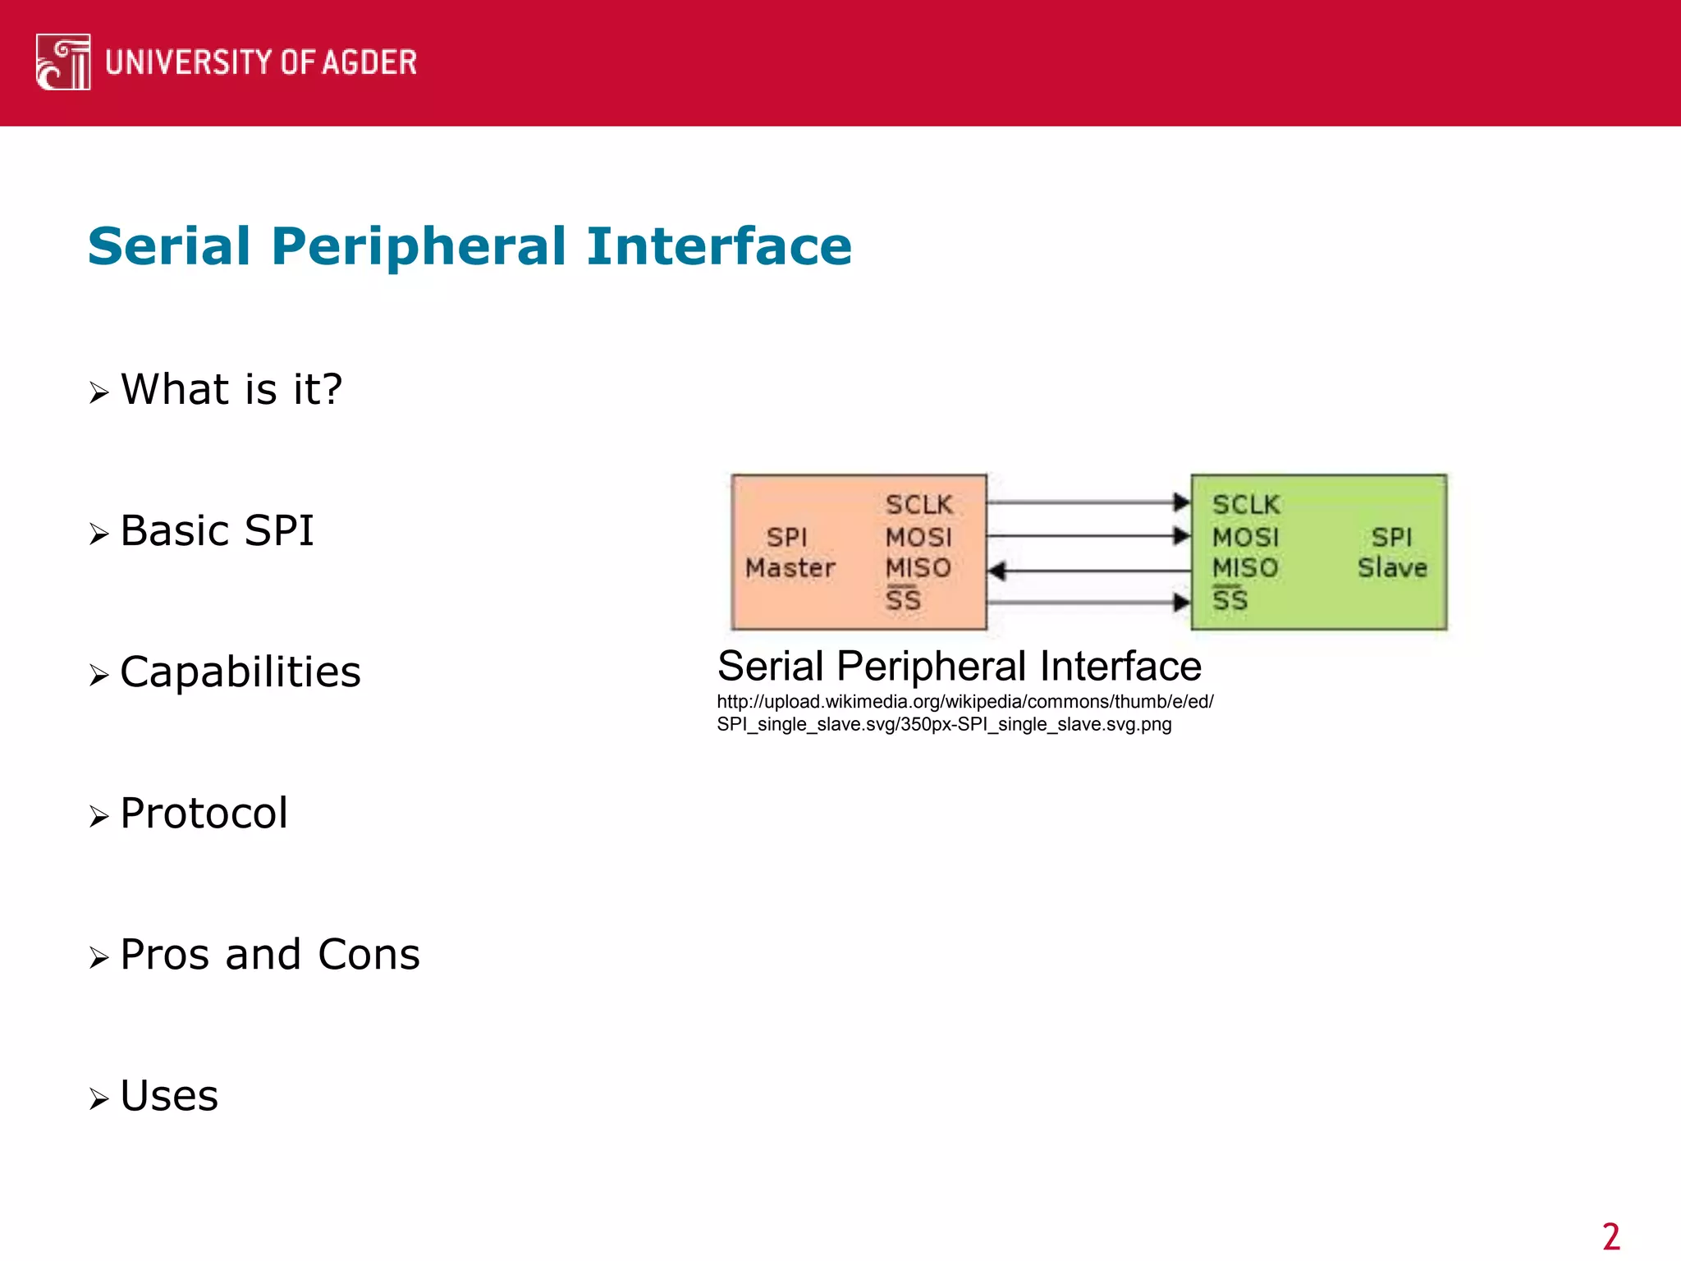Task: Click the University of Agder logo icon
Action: pyautogui.click(x=63, y=62)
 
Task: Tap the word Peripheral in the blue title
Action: pyautogui.click(x=419, y=246)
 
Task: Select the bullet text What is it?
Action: pyautogui.click(x=231, y=389)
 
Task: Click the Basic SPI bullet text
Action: pyautogui.click(x=217, y=530)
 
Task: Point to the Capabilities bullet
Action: pyautogui.click(x=240, y=672)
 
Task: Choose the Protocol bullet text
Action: pyautogui.click(x=204, y=814)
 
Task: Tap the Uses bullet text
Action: pyautogui.click(x=169, y=1096)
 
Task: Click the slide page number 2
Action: pyautogui.click(x=1610, y=1236)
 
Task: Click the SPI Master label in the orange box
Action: pyautogui.click(x=789, y=553)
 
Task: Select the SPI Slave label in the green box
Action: pyautogui.click(x=1391, y=553)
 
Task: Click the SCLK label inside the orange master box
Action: pyautogui.click(x=918, y=504)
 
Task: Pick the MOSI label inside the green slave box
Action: pyautogui.click(x=1245, y=537)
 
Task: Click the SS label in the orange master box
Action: pyautogui.click(x=903, y=599)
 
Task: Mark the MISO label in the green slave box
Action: pyautogui.click(x=1245, y=568)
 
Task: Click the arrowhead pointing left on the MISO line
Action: pyautogui.click(x=996, y=571)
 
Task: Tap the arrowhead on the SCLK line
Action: pyautogui.click(x=1181, y=502)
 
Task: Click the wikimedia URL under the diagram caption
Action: pyautogui.click(x=964, y=713)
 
